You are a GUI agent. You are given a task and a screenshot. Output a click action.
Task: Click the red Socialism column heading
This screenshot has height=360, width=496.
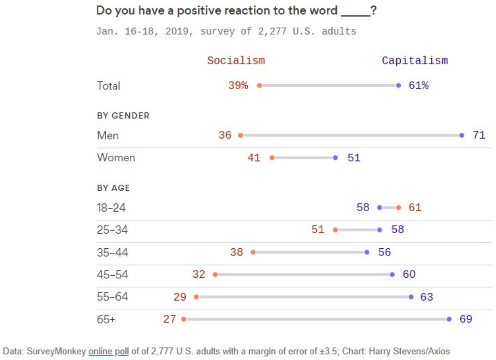point(236,61)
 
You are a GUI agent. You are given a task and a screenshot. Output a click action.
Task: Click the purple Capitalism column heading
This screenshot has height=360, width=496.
point(415,61)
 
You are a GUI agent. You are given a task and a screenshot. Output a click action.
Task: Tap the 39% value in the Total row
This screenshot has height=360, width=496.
point(238,85)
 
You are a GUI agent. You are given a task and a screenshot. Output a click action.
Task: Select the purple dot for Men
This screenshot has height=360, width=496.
point(462,135)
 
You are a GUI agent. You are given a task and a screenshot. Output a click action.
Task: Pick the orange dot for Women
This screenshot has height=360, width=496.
point(272,158)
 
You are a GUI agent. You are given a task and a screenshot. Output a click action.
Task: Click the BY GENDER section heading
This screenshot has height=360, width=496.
point(123,116)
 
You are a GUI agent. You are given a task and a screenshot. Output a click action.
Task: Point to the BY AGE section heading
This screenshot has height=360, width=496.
point(113,188)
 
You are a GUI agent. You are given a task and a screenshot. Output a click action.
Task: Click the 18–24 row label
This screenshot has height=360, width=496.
point(111,208)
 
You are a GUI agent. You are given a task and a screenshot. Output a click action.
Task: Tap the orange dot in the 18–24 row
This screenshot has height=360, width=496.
point(398,207)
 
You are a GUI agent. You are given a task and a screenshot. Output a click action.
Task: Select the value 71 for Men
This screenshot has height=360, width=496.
point(479,135)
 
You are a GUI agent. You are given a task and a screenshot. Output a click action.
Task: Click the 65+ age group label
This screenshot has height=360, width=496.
point(106,319)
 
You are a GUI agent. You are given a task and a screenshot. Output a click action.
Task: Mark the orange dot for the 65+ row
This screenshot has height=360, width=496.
point(184,319)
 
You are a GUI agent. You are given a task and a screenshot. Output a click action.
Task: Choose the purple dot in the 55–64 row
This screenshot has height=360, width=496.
point(411,297)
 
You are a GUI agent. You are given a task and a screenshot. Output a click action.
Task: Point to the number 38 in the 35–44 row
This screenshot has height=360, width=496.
point(236,252)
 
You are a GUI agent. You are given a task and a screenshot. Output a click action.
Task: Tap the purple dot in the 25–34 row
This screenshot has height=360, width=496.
point(380,230)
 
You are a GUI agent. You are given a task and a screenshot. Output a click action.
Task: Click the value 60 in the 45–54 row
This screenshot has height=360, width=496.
point(409,274)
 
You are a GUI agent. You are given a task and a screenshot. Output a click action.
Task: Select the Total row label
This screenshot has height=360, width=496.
point(109,86)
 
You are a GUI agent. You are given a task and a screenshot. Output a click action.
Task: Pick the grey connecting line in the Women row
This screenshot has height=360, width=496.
point(304,158)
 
